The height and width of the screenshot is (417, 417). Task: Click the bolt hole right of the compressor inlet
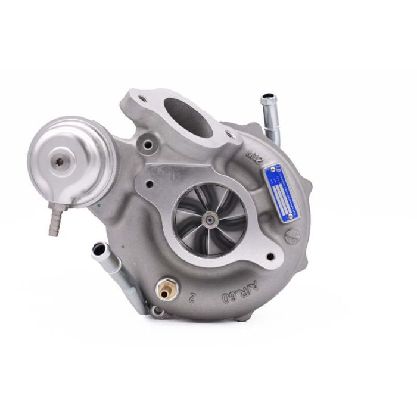coord(272,257)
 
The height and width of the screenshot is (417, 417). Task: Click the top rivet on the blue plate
coord(270,171)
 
